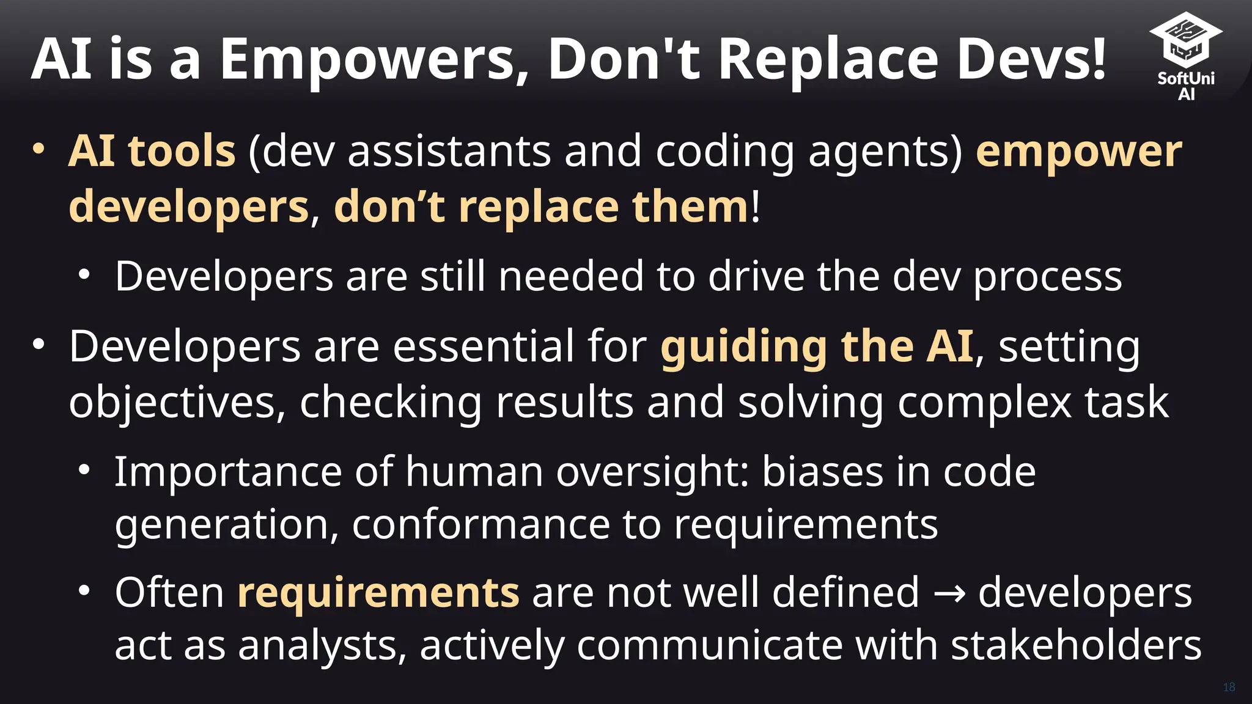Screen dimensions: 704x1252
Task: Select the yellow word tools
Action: point(182,151)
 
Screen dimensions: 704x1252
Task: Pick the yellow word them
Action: point(691,207)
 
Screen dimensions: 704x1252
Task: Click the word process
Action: point(1047,277)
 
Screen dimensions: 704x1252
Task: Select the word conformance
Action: point(481,525)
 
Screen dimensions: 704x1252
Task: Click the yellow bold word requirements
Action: point(378,593)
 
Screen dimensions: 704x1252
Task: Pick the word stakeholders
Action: point(1076,645)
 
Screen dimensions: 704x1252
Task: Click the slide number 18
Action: point(1229,687)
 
